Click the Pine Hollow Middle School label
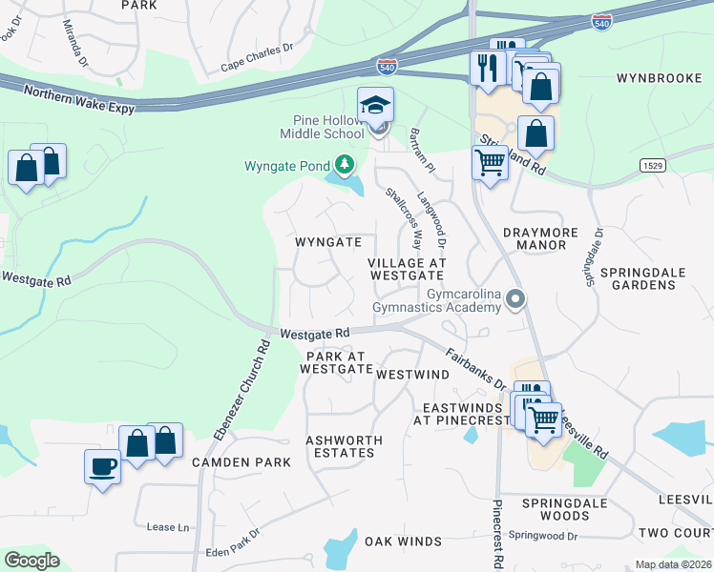pyautogui.click(x=329, y=127)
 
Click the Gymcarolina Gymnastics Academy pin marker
pyautogui.click(x=516, y=300)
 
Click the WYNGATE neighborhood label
pyautogui.click(x=327, y=242)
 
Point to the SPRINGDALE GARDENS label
pyautogui.click(x=641, y=278)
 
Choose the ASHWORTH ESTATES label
pyautogui.click(x=344, y=446)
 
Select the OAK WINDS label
pyautogui.click(x=403, y=541)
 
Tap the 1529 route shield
pyautogui.click(x=652, y=165)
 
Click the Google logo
pyautogui.click(x=31, y=561)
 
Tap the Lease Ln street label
pyautogui.click(x=168, y=526)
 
